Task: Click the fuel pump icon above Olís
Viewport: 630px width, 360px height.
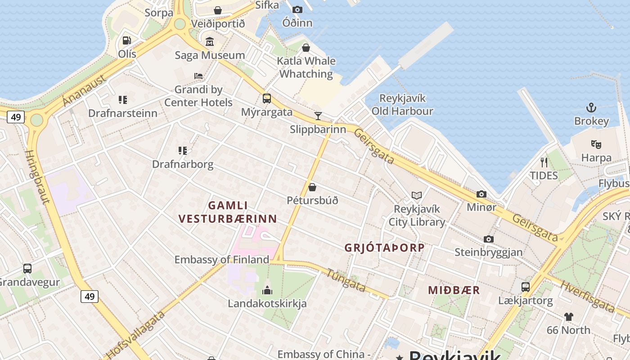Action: pyautogui.click(x=127, y=40)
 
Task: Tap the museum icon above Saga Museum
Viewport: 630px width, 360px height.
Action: pyautogui.click(x=210, y=42)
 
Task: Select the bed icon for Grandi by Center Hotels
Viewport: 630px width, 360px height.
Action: pyautogui.click(x=198, y=76)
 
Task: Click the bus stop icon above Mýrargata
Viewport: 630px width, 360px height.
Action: pyautogui.click(x=267, y=98)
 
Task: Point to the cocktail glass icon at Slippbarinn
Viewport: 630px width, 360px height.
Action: pyautogui.click(x=318, y=116)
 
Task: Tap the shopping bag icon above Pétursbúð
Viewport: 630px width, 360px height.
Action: pyautogui.click(x=312, y=187)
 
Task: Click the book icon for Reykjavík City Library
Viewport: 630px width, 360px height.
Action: pyautogui.click(x=417, y=195)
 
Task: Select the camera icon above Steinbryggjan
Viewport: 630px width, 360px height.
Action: pyautogui.click(x=489, y=239)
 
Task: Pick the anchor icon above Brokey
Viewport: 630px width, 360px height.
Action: pyautogui.click(x=591, y=108)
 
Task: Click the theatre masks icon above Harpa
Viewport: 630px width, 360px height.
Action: pyautogui.click(x=596, y=144)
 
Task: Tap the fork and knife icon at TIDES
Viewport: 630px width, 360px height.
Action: pyautogui.click(x=544, y=162)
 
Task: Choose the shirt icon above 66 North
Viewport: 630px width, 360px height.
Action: pyautogui.click(x=569, y=316)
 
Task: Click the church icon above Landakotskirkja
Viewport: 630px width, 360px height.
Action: pyautogui.click(x=267, y=290)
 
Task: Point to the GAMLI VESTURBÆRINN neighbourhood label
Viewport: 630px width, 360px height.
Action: pyautogui.click(x=228, y=212)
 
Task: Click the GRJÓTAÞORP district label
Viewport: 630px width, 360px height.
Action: pyautogui.click(x=384, y=247)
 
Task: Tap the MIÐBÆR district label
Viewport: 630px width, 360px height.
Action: pyautogui.click(x=454, y=290)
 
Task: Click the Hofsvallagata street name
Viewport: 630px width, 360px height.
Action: pyautogui.click(x=135, y=334)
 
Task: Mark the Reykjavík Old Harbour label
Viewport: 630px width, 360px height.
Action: pyautogui.click(x=402, y=104)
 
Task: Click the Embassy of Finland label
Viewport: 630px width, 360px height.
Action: pyautogui.click(x=221, y=260)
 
